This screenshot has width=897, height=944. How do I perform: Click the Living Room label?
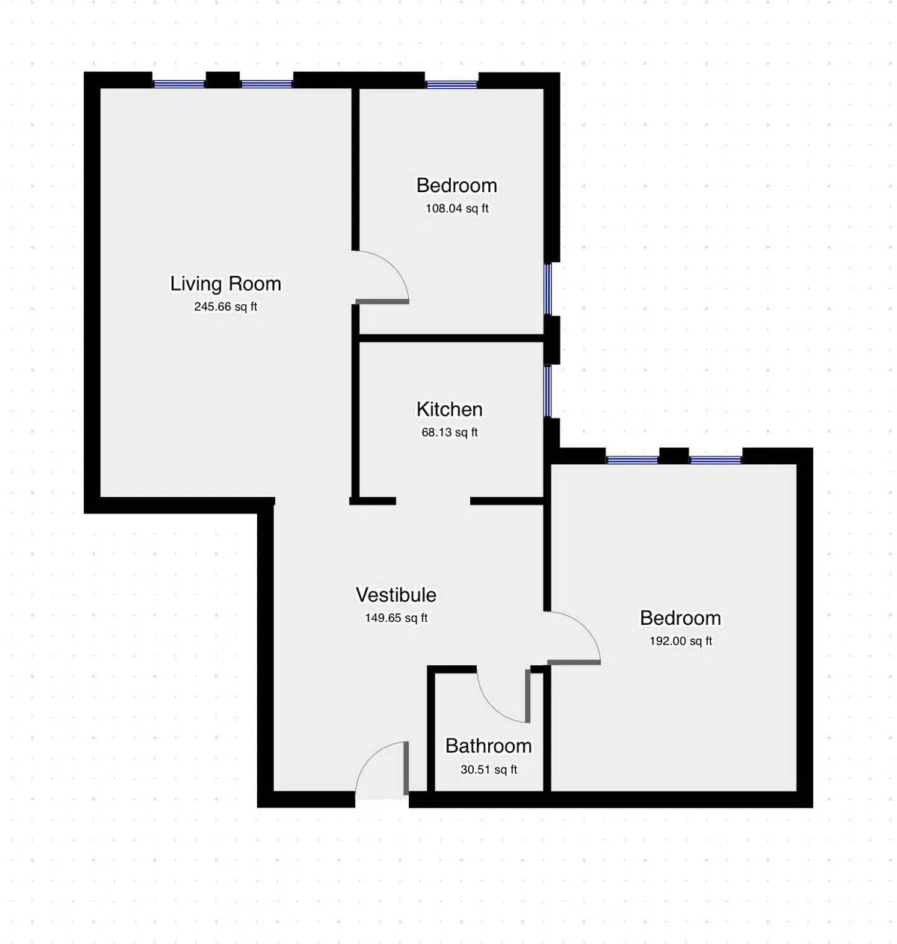coord(225,284)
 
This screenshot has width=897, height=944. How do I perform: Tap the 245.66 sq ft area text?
coord(225,306)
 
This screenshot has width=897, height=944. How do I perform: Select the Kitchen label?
coord(449,410)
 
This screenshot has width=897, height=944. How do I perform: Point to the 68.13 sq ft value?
coord(449,432)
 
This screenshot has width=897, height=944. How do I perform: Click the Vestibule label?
coord(396,595)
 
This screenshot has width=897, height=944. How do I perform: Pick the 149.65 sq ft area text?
coord(396,618)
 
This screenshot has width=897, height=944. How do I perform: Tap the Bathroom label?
coord(488,746)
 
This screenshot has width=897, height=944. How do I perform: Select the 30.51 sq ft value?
coord(488,769)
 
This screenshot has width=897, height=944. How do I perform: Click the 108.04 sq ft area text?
coord(457,209)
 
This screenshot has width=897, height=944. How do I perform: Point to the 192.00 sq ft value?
coord(680,641)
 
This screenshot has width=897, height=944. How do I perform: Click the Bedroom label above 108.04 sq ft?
coord(457,185)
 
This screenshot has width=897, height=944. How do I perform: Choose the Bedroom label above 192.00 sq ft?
coord(680,618)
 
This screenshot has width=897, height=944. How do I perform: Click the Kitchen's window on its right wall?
coord(548,391)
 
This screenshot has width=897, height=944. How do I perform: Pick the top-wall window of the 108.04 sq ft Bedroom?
coord(451,84)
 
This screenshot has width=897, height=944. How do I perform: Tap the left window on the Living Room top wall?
coord(179,84)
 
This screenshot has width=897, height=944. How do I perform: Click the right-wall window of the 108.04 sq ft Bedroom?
coord(548,289)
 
